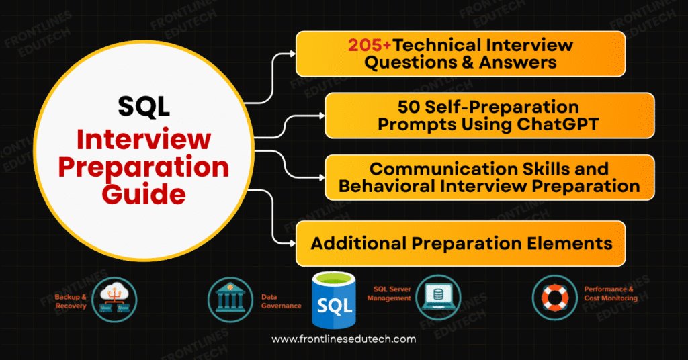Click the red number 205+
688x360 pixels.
click(370, 46)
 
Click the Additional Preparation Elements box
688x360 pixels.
click(461, 242)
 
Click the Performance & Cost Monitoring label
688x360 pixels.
click(608, 293)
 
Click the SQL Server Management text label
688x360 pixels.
click(392, 294)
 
